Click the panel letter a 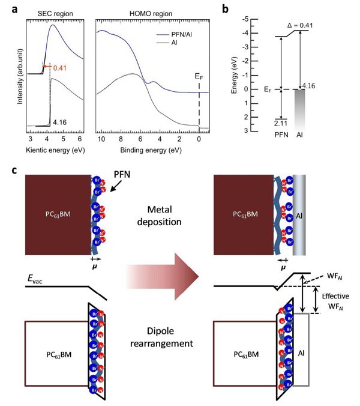16,8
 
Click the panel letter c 16,170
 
